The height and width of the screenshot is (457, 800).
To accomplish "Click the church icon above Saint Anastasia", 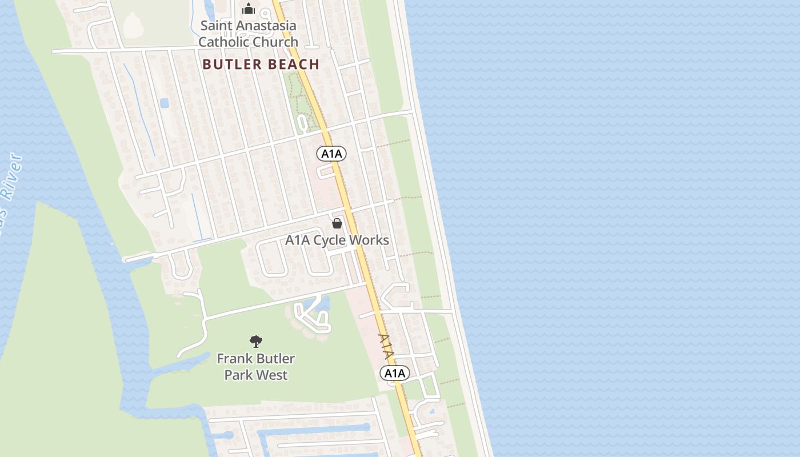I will [x=249, y=9].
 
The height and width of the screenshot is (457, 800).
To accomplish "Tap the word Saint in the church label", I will [x=215, y=26].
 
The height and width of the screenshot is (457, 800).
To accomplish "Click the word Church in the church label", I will [x=277, y=42].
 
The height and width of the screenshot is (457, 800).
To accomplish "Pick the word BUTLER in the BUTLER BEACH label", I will [x=229, y=65].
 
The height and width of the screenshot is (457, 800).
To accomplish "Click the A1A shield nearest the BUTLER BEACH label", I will [x=331, y=153].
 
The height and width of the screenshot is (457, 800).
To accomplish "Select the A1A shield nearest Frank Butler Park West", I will [x=395, y=374].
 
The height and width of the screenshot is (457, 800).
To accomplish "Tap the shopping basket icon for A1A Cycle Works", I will [x=337, y=223].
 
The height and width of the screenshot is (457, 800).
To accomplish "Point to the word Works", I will [x=369, y=240].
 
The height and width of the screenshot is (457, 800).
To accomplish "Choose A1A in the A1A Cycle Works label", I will [x=298, y=240].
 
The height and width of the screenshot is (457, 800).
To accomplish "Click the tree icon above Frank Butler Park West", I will [x=256, y=342].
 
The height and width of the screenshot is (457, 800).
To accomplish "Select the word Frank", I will [x=234, y=359].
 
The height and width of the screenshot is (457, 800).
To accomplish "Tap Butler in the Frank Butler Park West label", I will [x=275, y=359].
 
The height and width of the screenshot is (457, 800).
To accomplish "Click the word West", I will [x=272, y=375].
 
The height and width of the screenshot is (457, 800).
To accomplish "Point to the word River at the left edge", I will [x=12, y=177].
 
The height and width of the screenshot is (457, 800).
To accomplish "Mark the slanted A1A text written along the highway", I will [x=386, y=346].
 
